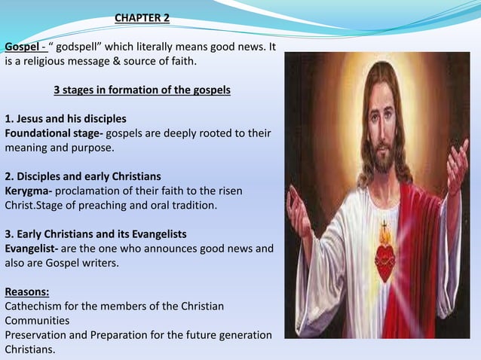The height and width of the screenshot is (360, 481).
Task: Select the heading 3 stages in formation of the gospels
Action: tap(142, 90)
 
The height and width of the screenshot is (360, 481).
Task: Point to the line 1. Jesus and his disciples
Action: tap(66, 119)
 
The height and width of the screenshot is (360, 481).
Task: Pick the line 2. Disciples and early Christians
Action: tap(83, 176)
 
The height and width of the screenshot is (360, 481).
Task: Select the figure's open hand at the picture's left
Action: tap(299, 214)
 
